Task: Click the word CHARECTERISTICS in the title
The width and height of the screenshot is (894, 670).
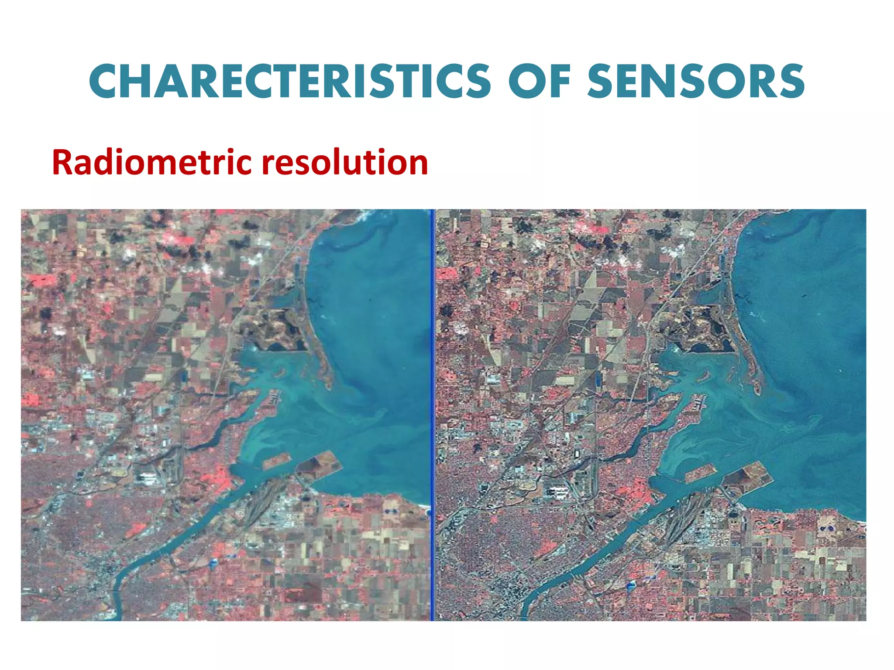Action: [290, 82]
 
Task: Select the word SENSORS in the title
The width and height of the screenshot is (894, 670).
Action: [696, 82]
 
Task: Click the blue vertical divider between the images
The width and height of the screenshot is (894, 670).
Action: [433, 414]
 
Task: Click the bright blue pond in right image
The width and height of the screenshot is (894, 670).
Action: [631, 586]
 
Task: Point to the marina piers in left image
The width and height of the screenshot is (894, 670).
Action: [274, 397]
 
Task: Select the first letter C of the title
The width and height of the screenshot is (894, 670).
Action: [103, 82]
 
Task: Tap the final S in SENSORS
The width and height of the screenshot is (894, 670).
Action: [792, 82]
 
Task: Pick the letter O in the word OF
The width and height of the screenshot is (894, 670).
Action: [526, 82]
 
